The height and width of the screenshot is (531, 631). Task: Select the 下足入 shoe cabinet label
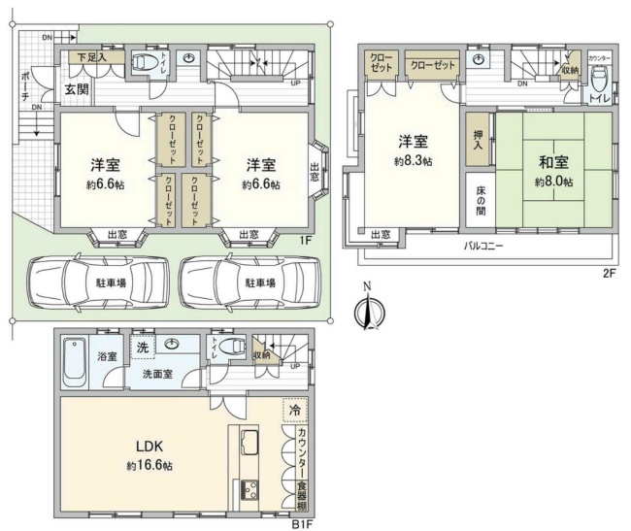tap(93, 58)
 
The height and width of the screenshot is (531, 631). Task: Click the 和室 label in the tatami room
tap(553, 165)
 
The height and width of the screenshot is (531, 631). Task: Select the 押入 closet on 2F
tap(479, 147)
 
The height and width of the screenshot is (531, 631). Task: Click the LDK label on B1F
tap(149, 447)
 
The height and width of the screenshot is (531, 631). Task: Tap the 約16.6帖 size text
tap(149, 466)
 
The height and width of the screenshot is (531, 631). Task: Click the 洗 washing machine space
tap(142, 347)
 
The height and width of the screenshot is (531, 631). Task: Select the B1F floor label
tap(305, 522)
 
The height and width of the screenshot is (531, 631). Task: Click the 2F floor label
tap(608, 274)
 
